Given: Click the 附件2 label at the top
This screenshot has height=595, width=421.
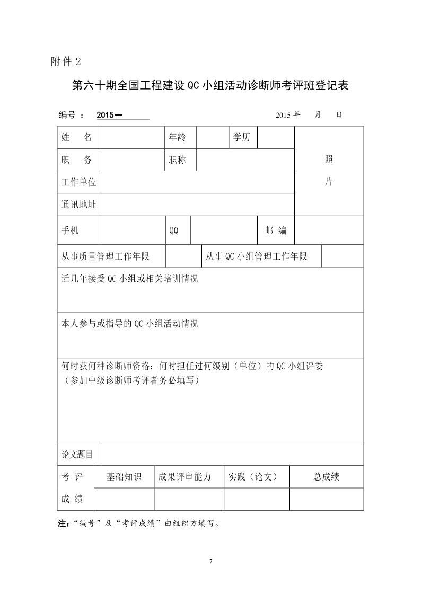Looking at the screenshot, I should click(66, 61).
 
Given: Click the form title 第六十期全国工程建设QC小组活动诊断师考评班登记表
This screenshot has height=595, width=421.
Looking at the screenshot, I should click(210, 86).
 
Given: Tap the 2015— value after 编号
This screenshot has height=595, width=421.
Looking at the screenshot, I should click(110, 114).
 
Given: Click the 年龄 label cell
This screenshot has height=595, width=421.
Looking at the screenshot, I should click(178, 138).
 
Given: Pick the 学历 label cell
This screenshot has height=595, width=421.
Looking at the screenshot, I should click(242, 138).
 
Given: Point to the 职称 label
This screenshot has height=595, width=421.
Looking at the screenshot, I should click(178, 160).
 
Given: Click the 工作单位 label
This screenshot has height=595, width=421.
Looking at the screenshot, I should click(79, 182).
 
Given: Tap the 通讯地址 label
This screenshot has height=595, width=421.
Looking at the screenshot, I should click(79, 205).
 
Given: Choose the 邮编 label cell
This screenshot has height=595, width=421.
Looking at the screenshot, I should click(276, 230).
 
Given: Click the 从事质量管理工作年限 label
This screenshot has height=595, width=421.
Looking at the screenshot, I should click(106, 257).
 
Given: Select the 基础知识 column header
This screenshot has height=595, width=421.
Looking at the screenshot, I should click(124, 477).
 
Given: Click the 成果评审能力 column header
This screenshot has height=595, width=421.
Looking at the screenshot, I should click(185, 477).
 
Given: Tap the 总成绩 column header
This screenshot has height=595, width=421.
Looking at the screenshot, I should click(326, 477).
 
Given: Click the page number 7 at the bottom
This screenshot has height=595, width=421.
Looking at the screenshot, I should click(210, 561).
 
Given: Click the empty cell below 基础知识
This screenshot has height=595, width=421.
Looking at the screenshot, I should click(124, 499).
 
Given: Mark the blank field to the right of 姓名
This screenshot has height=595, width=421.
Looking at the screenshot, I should click(131, 138).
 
